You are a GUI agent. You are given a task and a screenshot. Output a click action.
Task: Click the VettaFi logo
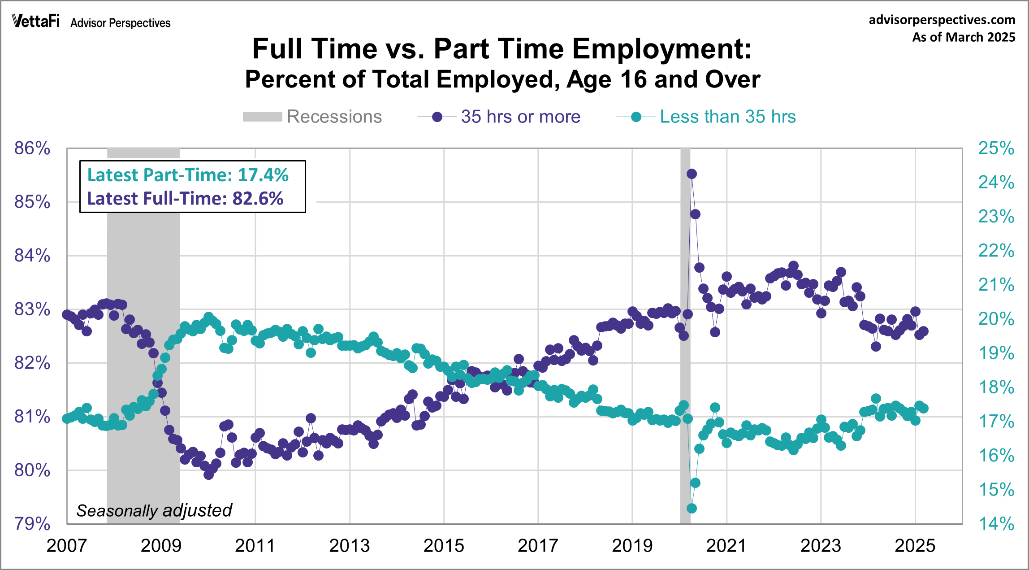coord(36,21)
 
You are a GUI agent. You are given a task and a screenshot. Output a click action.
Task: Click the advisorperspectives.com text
coord(942,20)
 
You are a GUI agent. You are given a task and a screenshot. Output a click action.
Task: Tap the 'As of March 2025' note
coord(963,37)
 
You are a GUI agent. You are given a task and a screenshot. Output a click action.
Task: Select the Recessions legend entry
coord(312,117)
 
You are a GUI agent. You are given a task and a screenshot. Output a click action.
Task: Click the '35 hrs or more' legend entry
coord(499,117)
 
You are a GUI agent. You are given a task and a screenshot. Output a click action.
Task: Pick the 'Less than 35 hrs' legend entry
coord(706,117)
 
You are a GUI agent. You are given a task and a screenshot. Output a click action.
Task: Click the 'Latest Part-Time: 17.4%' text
coord(188,175)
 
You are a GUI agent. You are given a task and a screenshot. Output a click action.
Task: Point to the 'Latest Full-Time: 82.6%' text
coord(185,199)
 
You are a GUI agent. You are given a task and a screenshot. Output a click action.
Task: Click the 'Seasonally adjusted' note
coord(154,510)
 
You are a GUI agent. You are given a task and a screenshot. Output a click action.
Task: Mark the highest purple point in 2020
coord(692,174)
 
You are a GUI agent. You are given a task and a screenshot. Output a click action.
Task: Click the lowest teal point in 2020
coord(692,509)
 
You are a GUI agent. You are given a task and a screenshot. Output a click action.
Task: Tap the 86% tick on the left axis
coord(32,148)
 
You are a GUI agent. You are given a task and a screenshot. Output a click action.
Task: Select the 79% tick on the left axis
coord(32,523)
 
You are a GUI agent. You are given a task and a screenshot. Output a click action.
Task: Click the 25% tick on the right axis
coord(996,148)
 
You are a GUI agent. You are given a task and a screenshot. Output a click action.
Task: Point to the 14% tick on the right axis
coord(996,523)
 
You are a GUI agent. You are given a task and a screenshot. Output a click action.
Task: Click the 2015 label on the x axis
coord(444,546)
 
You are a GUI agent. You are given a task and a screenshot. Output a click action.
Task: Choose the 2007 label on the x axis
coord(67,546)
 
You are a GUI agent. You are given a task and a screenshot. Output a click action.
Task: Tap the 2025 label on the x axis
coord(915,546)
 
